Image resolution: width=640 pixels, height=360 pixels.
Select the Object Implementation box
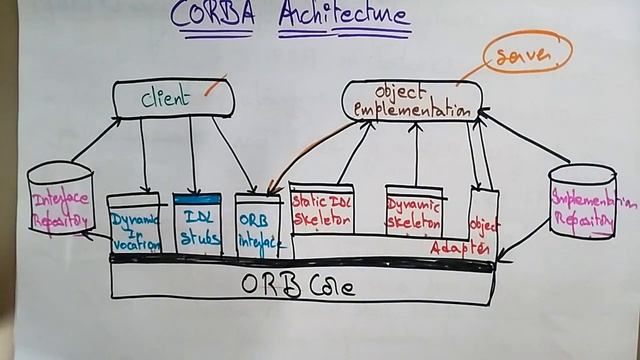[411, 101]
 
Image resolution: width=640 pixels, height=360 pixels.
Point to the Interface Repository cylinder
[61, 199]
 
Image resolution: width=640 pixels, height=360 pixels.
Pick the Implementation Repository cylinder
[582, 201]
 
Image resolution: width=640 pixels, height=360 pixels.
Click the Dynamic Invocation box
[134, 226]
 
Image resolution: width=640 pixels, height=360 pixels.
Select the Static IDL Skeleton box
[321, 208]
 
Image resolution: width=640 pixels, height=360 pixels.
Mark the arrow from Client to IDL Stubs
[192, 154]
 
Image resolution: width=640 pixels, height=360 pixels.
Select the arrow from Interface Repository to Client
[96, 140]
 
